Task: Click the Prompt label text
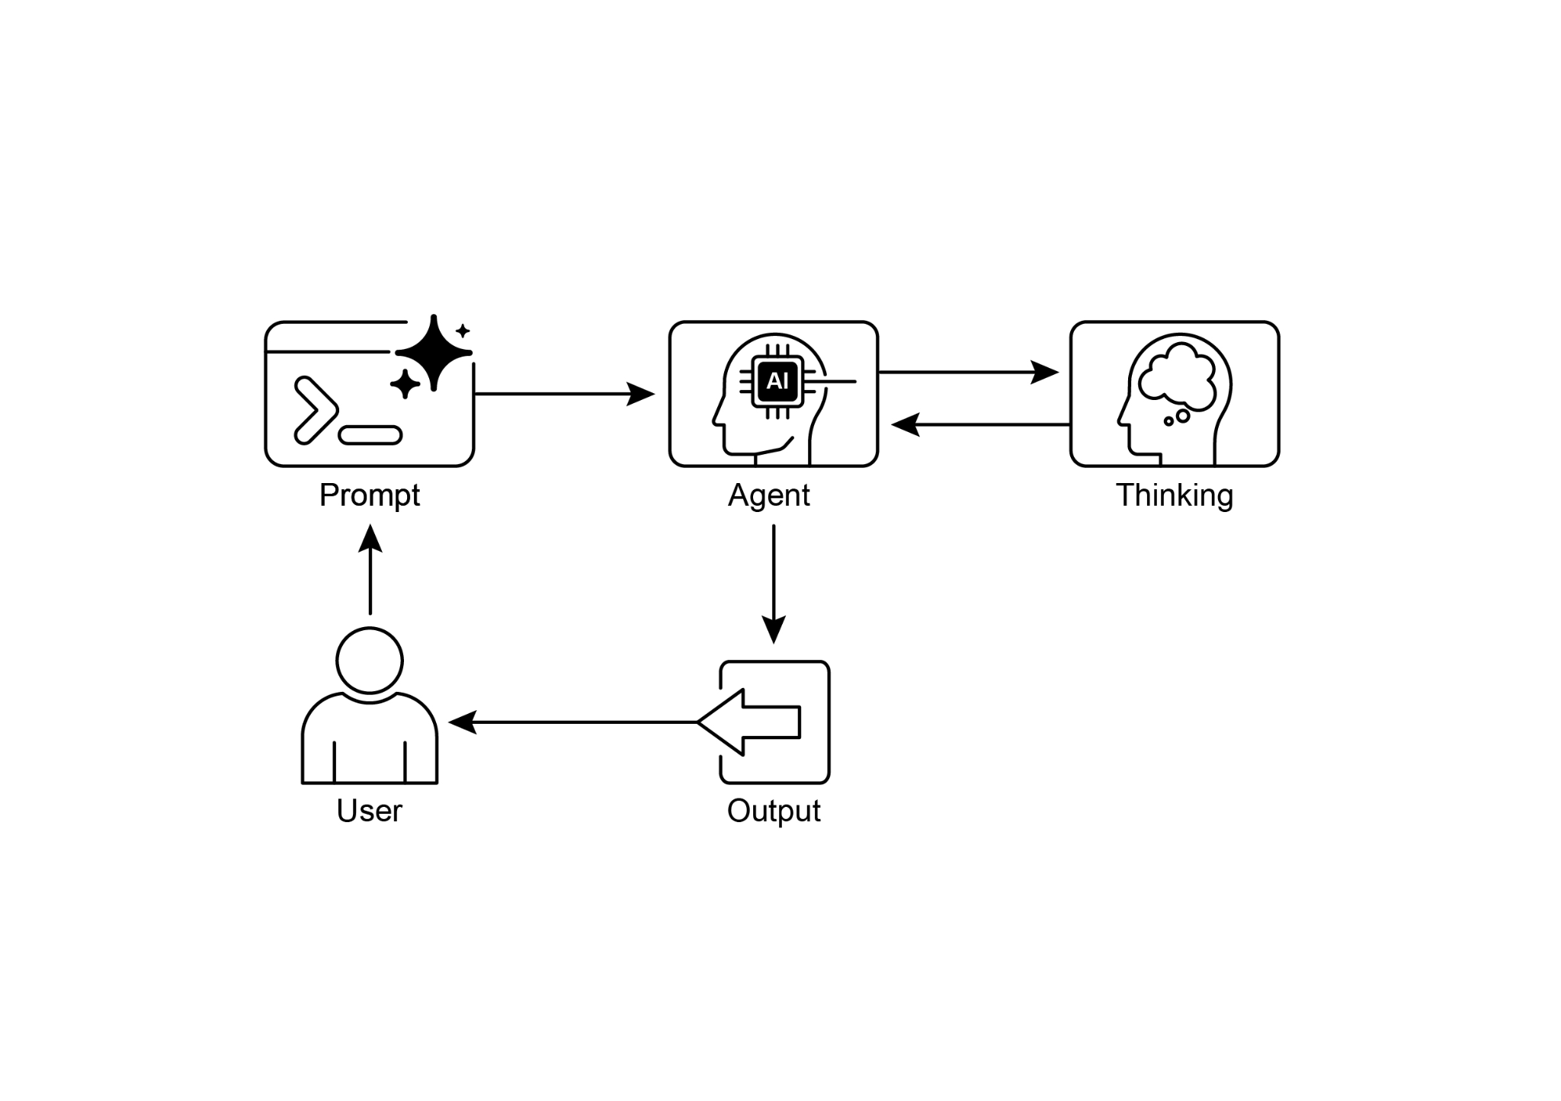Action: click(x=369, y=496)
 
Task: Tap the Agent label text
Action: click(x=768, y=496)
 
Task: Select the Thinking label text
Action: click(x=1174, y=496)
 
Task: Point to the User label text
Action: click(x=369, y=811)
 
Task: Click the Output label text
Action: click(x=774, y=811)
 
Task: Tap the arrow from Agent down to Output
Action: click(x=774, y=583)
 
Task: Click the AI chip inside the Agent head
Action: click(x=777, y=381)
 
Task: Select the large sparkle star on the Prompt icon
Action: click(x=433, y=352)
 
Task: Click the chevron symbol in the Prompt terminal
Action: click(x=314, y=410)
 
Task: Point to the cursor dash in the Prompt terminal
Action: click(x=370, y=435)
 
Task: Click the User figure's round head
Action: click(x=370, y=660)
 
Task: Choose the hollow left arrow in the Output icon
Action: click(x=751, y=722)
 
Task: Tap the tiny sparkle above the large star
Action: click(x=463, y=331)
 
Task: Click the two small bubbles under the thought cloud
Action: click(x=1177, y=418)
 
